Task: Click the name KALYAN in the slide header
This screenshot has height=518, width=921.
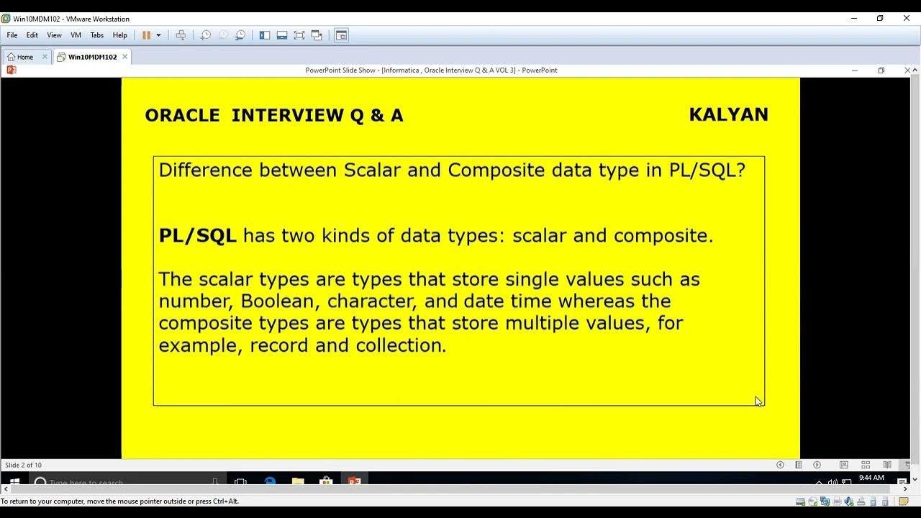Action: (728, 115)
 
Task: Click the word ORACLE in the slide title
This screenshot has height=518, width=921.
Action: (182, 116)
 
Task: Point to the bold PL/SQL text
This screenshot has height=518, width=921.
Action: (197, 236)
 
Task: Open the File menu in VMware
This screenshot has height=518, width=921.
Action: (12, 35)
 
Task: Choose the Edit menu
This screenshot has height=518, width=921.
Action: (32, 35)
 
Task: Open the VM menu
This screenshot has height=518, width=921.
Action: (76, 35)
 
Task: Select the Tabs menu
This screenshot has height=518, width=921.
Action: (97, 35)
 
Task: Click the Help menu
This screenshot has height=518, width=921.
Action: (119, 35)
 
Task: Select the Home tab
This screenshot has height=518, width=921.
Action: (24, 57)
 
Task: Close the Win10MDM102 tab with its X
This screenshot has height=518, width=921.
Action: (124, 56)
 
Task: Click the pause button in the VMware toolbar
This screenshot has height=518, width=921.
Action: (146, 35)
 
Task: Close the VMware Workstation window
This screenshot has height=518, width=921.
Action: (907, 19)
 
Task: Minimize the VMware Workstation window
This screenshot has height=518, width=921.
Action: (854, 19)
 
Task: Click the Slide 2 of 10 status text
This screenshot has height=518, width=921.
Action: (23, 465)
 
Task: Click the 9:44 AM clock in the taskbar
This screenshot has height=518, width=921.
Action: (871, 478)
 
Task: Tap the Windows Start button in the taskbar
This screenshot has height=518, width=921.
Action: (14, 482)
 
